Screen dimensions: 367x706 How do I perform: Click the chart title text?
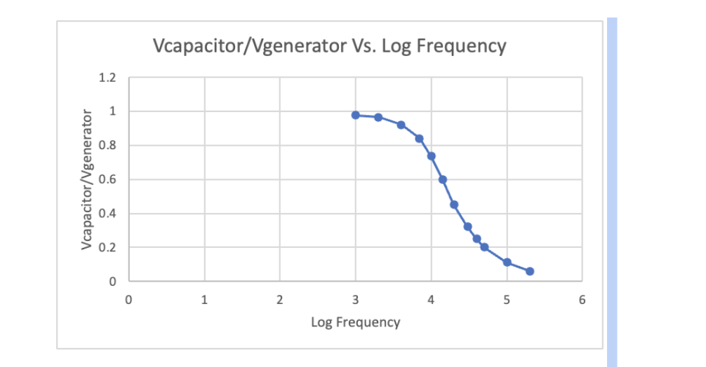(329, 46)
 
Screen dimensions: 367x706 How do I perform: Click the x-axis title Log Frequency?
(355, 322)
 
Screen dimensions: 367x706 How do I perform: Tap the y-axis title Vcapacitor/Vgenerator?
(87, 179)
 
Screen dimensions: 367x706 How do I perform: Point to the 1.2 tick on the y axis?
(107, 77)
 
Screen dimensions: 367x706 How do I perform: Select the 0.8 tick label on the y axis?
(107, 146)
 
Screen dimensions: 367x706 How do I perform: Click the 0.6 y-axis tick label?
(107, 179)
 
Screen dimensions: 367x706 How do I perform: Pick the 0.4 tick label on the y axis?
(107, 214)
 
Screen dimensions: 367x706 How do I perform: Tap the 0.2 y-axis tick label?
(107, 248)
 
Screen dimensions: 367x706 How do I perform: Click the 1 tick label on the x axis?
(204, 300)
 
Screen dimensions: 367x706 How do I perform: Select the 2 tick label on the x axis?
(279, 300)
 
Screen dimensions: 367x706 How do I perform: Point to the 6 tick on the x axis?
(581, 300)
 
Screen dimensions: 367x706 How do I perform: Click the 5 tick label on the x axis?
(507, 300)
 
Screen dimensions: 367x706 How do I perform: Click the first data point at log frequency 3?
(356, 115)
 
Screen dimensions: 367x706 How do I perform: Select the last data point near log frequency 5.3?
(530, 271)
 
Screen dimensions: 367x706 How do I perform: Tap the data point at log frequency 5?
(507, 263)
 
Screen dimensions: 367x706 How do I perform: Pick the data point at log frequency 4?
(431, 156)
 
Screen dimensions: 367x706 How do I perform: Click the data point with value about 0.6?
(443, 180)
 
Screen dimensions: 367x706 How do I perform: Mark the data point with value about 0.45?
(454, 205)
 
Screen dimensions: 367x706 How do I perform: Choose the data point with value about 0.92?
(401, 125)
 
